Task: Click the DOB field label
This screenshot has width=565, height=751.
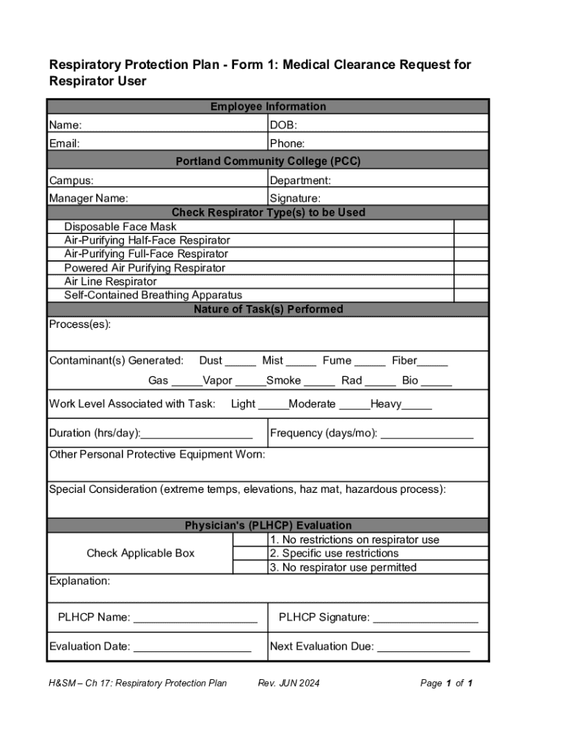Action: point(283,125)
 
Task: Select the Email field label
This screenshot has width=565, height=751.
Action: point(65,144)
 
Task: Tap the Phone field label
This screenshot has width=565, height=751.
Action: point(288,144)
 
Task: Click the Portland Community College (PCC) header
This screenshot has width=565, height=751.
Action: point(268,161)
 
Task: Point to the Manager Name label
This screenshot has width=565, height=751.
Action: point(88,198)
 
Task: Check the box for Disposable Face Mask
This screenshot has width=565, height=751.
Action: point(471,227)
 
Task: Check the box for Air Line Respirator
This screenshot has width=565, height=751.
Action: point(471,282)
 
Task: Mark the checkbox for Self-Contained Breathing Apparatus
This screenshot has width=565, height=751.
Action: point(471,295)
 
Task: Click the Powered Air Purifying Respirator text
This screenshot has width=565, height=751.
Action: point(145,268)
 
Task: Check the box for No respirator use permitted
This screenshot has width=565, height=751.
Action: point(250,568)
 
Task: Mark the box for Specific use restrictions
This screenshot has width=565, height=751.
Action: point(250,554)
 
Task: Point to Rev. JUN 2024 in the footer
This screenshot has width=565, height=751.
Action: point(289,684)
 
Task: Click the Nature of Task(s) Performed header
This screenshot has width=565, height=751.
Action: point(268,309)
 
